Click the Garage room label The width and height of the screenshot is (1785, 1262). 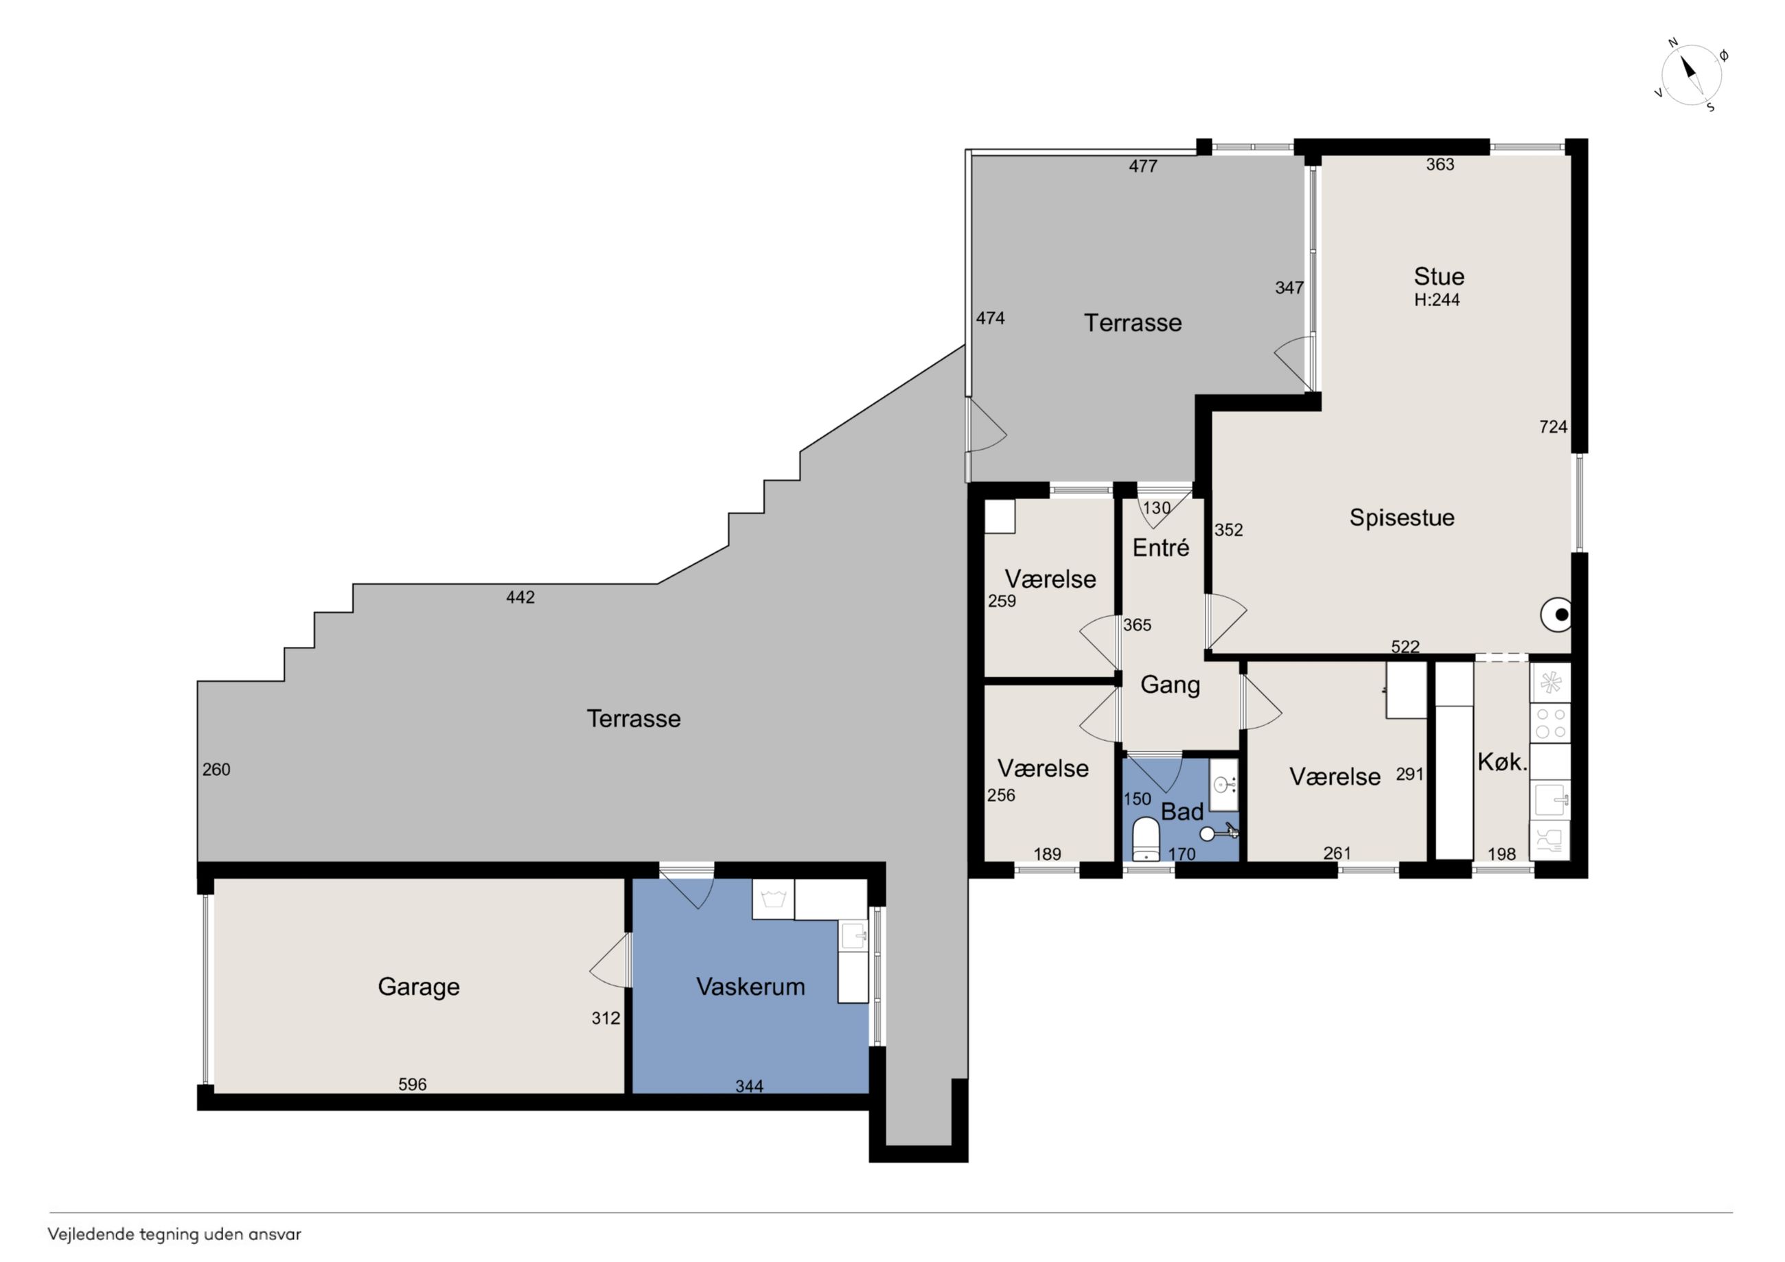pyautogui.click(x=418, y=987)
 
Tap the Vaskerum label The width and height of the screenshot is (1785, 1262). pyautogui.click(x=750, y=987)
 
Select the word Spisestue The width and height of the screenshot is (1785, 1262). pyautogui.click(x=1402, y=518)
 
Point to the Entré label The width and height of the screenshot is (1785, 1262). pyautogui.click(x=1161, y=547)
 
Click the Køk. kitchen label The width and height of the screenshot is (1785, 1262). pyautogui.click(x=1502, y=762)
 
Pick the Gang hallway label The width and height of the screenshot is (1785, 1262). pyautogui.click(x=1170, y=685)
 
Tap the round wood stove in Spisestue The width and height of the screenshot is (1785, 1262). pyautogui.click(x=1556, y=615)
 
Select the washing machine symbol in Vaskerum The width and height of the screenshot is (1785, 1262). pyautogui.click(x=773, y=900)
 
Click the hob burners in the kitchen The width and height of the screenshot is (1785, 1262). pyautogui.click(x=1550, y=722)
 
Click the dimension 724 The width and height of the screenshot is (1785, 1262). pyautogui.click(x=1554, y=427)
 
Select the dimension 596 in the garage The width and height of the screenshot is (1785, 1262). pyautogui.click(x=412, y=1084)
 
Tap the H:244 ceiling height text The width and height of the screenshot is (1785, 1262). pyautogui.click(x=1437, y=300)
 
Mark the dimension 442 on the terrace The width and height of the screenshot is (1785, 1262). pyautogui.click(x=520, y=597)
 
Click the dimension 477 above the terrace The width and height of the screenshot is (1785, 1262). pyautogui.click(x=1143, y=165)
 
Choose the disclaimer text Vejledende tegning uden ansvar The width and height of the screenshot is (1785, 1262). pyautogui.click(x=174, y=1235)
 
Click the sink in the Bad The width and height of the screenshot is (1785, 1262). pyautogui.click(x=1223, y=783)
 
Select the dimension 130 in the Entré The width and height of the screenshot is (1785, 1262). pyautogui.click(x=1156, y=508)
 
